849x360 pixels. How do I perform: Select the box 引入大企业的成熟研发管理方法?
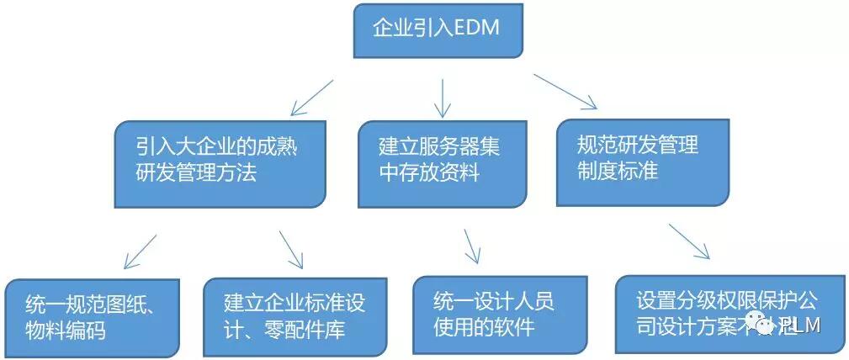220,163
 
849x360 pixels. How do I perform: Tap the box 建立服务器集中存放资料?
442,163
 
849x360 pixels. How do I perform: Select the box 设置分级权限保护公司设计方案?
729,313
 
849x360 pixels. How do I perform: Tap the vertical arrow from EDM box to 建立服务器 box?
443,98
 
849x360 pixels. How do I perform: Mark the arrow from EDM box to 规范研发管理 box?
565,92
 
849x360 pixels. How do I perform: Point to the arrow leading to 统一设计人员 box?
472,245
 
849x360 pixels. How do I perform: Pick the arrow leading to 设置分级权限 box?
690,241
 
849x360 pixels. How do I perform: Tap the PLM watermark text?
800,326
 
